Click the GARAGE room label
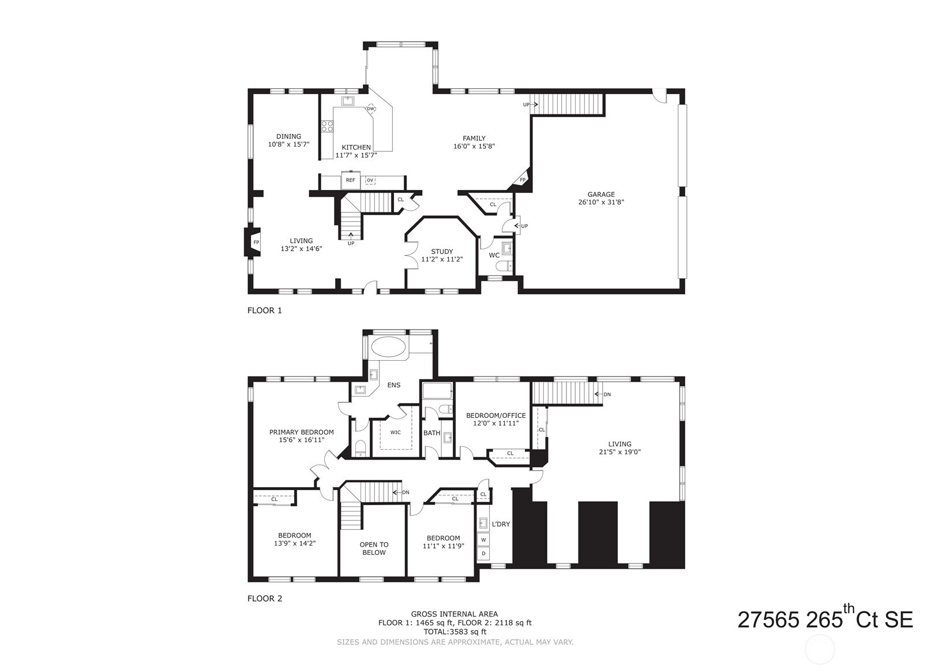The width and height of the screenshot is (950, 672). pos(601,195)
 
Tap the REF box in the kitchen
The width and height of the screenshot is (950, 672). pos(350,180)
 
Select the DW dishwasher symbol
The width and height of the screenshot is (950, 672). pos(371,109)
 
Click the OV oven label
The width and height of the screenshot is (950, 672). pos(370,180)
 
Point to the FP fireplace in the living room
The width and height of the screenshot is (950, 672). pos(256,242)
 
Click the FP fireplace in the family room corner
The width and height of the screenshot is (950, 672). pos(523,180)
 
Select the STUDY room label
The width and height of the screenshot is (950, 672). pos(442,252)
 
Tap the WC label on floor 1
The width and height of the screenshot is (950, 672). pos(494,255)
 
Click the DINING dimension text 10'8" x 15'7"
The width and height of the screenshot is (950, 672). pos(289,144)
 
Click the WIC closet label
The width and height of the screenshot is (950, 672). pos(396,432)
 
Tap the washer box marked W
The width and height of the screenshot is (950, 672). pos(483,540)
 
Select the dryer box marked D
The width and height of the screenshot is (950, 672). pos(483,553)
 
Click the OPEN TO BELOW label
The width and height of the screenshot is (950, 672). pos(374,548)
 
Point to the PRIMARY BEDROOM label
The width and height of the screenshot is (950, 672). pos(301,432)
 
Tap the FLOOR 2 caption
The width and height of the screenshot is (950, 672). pos(265,599)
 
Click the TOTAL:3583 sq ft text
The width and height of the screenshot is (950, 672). pos(454,632)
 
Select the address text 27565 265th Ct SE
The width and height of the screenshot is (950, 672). pos(825,619)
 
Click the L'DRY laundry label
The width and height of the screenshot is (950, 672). pos(501,524)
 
